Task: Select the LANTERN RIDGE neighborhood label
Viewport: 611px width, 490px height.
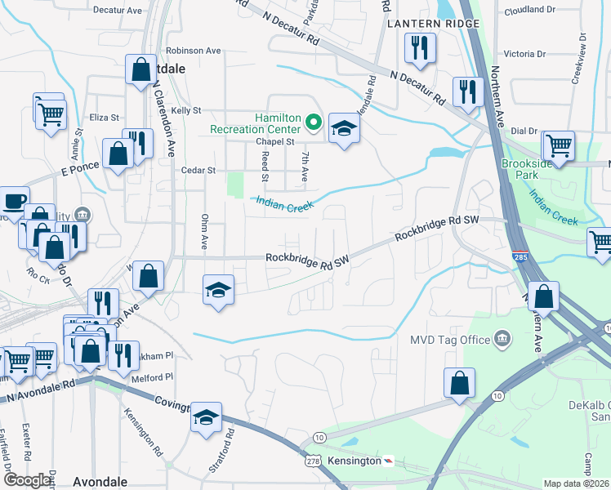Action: (427, 24)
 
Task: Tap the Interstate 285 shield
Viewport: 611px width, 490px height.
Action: (520, 258)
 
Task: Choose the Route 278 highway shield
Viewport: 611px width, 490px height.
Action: (315, 461)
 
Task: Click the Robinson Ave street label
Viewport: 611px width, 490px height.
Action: (193, 51)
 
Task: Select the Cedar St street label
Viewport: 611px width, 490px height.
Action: (198, 171)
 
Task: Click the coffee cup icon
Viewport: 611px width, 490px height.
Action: (13, 200)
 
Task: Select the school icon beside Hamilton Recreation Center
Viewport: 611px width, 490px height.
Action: (344, 127)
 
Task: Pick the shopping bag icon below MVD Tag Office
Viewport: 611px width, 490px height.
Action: (460, 383)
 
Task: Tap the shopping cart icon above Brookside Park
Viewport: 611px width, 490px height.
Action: (559, 145)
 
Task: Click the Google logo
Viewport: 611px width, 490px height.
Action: (26, 480)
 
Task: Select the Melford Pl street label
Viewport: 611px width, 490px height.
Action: (157, 377)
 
